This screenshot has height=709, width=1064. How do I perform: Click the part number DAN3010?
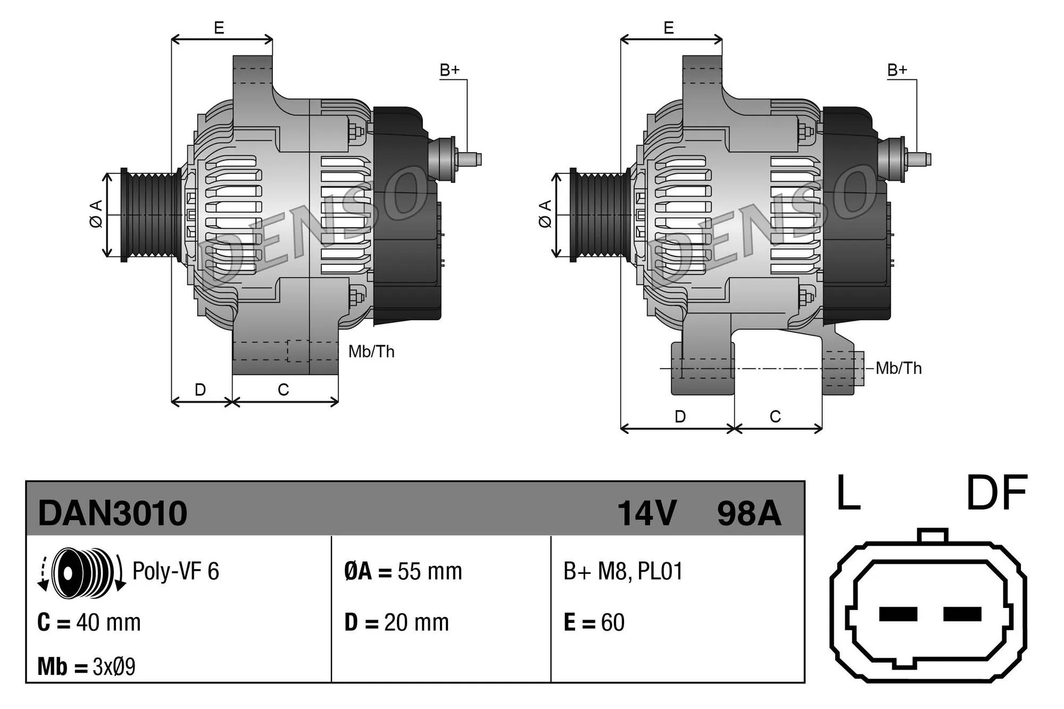[112, 513]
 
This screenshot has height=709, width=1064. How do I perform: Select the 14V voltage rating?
[646, 513]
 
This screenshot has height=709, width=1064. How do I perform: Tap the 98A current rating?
[749, 513]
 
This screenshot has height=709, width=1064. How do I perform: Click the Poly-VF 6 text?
[176, 571]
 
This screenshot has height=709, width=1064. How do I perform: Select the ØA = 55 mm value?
[403, 571]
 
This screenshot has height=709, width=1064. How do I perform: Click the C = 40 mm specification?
[89, 622]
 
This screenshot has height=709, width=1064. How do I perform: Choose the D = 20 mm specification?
[396, 622]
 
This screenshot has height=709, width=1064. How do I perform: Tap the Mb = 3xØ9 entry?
[86, 666]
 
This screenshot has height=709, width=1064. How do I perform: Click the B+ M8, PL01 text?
[622, 571]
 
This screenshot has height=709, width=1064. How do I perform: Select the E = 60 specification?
[594, 622]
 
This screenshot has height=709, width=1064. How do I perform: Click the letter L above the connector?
[848, 493]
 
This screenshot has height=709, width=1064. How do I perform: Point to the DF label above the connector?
[996, 493]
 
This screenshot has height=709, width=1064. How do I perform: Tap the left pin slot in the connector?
[898, 614]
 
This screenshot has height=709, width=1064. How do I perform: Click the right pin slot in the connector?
[962, 614]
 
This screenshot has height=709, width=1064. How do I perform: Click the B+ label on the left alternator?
[450, 70]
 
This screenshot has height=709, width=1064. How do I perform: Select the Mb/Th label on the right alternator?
[899, 368]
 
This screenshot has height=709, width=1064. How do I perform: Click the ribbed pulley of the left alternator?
[152, 215]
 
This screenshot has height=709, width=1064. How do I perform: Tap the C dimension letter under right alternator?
[775, 416]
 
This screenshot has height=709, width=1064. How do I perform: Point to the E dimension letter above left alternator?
[219, 28]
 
